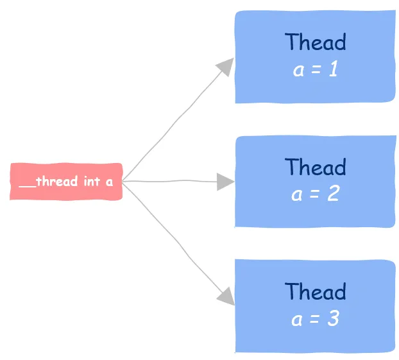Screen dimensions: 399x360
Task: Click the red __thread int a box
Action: pos(66,182)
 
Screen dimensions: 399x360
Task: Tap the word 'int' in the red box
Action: pos(92,181)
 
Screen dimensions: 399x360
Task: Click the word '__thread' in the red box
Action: pos(48,182)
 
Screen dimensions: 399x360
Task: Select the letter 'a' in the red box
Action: pos(109,182)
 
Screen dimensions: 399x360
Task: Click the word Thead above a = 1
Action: pos(315,42)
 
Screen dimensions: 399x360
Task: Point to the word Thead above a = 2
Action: pos(315,166)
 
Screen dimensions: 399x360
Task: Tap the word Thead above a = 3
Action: pos(315,291)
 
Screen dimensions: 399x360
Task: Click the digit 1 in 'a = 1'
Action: pos(334,69)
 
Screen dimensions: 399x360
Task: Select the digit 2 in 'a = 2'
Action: pos(334,193)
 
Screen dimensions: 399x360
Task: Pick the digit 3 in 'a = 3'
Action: pos(334,318)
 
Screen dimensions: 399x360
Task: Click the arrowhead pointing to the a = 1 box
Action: pos(225,67)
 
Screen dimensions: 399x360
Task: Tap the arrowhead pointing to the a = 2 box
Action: pos(225,182)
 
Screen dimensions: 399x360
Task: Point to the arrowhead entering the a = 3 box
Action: pos(226,296)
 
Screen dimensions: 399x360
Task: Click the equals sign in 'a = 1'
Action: pos(316,69)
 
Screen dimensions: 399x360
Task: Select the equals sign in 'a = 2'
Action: pos(314,194)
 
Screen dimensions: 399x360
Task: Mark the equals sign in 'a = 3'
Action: pos(314,319)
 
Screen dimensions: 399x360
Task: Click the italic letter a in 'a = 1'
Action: pos(298,70)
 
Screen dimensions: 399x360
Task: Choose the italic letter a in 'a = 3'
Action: pos(297,320)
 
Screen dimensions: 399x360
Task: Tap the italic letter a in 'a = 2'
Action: pos(297,195)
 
